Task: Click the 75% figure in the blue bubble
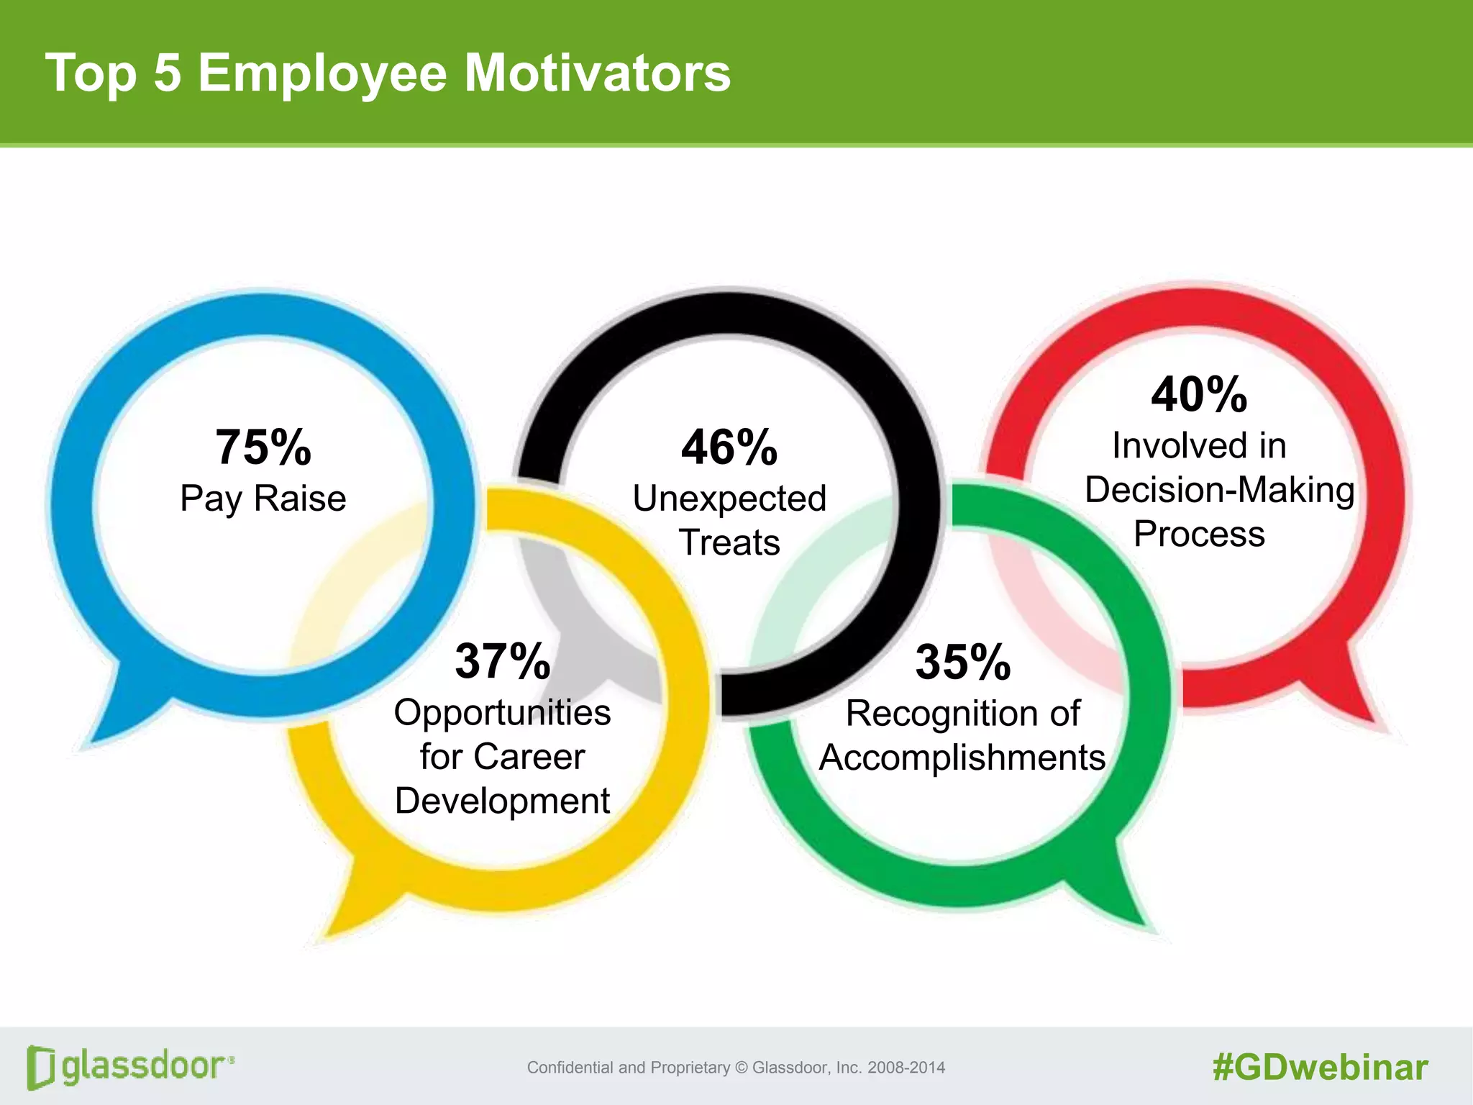point(263,447)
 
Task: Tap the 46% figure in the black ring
point(729,447)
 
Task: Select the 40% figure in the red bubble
point(1199,395)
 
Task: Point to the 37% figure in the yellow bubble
point(503,661)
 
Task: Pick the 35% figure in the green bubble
point(963,662)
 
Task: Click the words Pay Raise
point(263,499)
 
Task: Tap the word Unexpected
point(729,499)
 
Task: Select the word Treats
point(729,542)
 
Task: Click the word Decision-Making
point(1219,490)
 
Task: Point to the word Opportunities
point(503,713)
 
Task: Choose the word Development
point(503,801)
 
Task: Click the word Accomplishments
point(962,758)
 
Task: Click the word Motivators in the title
point(597,73)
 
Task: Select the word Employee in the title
point(322,74)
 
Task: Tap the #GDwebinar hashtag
point(1320,1068)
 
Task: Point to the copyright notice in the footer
point(736,1068)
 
